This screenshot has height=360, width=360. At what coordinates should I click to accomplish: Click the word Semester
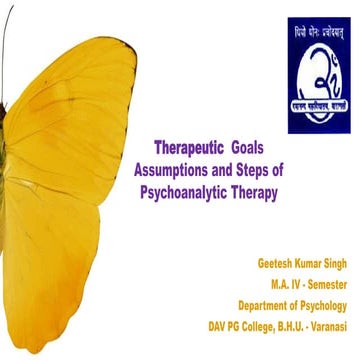pyautogui.click(x=324, y=285)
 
